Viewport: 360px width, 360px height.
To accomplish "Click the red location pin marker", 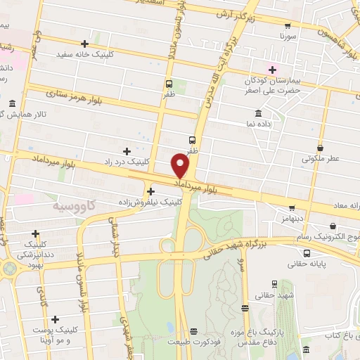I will click(x=181, y=165).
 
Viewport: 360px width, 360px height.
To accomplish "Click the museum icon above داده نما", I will click(x=259, y=113).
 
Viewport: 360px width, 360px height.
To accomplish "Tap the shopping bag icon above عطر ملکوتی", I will click(x=321, y=148).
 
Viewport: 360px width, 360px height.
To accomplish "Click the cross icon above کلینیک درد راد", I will click(x=127, y=151).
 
